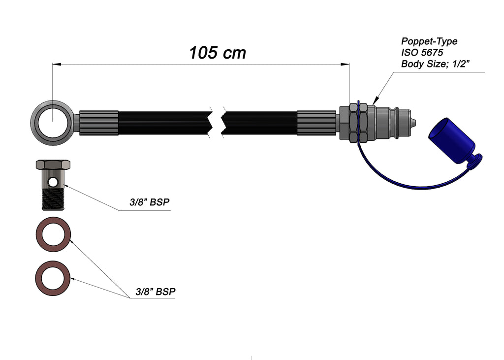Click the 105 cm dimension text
(x=217, y=53)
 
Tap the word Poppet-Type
(x=429, y=41)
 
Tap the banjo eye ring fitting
(x=53, y=123)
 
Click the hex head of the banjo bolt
(x=53, y=164)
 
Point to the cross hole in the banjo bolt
(x=53, y=182)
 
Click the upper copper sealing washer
(x=53, y=234)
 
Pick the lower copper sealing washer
(x=53, y=278)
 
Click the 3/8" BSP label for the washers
(x=156, y=292)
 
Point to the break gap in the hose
(x=217, y=123)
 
